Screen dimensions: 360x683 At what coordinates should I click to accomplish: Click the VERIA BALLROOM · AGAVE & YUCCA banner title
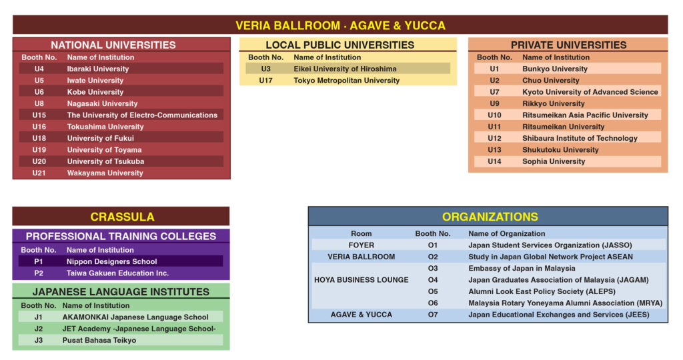point(340,25)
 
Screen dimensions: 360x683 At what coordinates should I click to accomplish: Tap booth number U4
point(39,69)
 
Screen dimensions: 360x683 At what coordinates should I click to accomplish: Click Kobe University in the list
point(95,92)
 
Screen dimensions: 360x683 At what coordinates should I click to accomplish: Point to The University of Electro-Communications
point(142,115)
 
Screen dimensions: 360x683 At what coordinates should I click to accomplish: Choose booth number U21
point(39,173)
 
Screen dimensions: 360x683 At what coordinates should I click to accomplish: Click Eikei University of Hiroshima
point(345,69)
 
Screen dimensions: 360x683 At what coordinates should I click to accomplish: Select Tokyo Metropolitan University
point(347,81)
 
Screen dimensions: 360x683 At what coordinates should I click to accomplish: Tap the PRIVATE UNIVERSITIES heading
point(568,45)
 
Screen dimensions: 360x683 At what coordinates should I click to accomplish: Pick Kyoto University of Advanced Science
point(590,92)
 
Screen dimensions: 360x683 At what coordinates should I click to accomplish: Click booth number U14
point(494,161)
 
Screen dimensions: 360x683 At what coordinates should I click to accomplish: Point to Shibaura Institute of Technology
point(580,139)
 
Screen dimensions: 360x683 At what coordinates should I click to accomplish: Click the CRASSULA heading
point(122,217)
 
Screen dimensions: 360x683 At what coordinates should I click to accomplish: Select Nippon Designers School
point(111,262)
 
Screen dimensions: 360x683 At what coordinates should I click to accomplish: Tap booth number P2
point(39,273)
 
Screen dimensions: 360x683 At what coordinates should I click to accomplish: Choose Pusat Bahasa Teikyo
point(99,341)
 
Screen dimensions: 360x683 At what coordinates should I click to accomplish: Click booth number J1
point(39,317)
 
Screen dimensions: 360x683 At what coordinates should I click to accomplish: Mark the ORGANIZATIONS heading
point(490,217)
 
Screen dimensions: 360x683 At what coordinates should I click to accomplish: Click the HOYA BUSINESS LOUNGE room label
point(362,280)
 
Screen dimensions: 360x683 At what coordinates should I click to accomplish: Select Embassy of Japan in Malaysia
point(522,269)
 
